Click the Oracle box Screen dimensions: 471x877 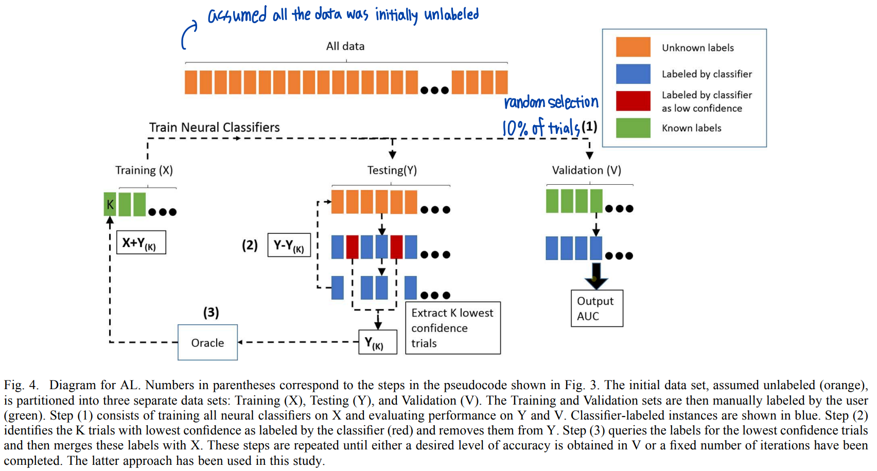[x=207, y=342]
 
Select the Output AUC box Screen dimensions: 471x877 [x=597, y=308]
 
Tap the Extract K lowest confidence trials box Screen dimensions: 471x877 [x=452, y=328]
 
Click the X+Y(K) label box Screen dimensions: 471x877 [x=141, y=242]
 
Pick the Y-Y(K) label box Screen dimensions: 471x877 [x=289, y=245]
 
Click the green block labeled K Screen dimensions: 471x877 [x=110, y=204]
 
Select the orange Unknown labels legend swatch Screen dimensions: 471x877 [x=633, y=47]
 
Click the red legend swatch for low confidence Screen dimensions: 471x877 [x=633, y=101]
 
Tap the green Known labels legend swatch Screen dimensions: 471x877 [x=633, y=128]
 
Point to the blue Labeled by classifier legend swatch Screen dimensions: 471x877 [x=633, y=74]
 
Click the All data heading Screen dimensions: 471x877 [x=345, y=46]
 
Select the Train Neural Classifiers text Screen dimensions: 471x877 [x=214, y=127]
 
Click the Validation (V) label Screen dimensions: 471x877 [x=586, y=170]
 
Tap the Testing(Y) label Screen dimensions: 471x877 [x=392, y=170]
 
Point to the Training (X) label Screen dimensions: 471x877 [x=144, y=170]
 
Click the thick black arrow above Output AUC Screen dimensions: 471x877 [x=596, y=276]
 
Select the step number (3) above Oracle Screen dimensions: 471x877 [x=211, y=312]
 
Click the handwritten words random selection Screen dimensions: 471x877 [x=551, y=102]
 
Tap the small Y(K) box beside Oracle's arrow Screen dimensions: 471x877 [x=377, y=342]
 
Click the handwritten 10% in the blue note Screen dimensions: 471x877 [x=515, y=128]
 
